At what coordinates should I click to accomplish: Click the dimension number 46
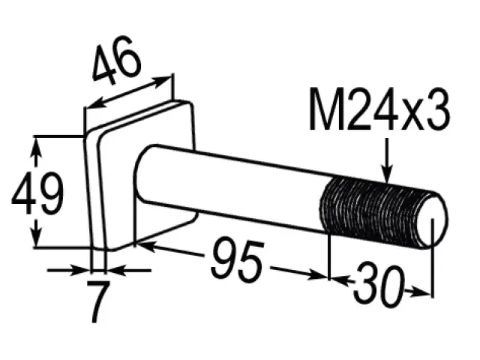click(x=117, y=61)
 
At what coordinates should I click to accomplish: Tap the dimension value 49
click(x=37, y=193)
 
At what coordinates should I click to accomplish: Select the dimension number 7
click(x=98, y=301)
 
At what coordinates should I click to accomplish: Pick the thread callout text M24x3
click(x=379, y=109)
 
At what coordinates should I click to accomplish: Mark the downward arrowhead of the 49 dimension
click(x=37, y=236)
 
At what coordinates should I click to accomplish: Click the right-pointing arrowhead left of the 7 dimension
click(x=80, y=270)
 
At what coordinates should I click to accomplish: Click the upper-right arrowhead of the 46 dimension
click(x=161, y=82)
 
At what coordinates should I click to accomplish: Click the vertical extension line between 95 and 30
click(x=328, y=257)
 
